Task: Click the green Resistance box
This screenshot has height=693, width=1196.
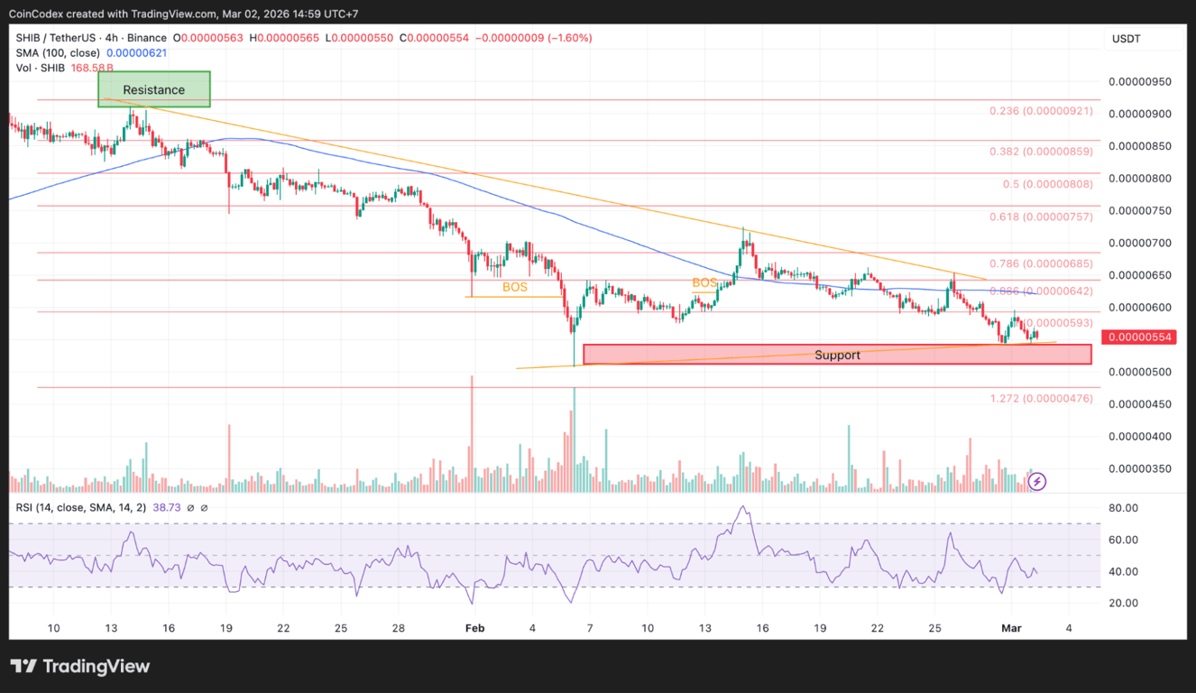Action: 154,89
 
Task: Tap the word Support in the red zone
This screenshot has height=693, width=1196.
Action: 837,355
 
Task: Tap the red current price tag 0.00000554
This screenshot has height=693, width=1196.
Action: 1140,337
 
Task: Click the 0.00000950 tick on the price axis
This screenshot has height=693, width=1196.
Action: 1140,81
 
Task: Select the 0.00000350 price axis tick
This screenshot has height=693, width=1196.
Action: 1140,468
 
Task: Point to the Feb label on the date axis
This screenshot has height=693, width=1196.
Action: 474,627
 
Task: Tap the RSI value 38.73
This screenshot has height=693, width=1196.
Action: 167,508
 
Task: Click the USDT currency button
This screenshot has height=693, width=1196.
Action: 1126,39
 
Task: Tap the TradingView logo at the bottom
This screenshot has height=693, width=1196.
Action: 80,667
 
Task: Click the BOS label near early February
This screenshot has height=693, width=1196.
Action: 515,288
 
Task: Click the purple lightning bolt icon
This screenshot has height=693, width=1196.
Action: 1037,482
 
